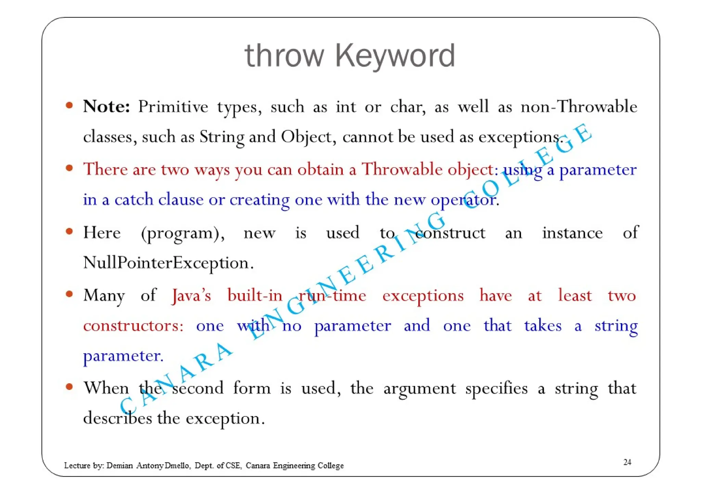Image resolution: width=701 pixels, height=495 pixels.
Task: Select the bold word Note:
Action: [106, 106]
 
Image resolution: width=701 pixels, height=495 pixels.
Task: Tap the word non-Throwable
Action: [578, 106]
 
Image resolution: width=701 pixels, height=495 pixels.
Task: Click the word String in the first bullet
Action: [222, 137]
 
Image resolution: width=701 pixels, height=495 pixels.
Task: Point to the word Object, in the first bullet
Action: [306, 137]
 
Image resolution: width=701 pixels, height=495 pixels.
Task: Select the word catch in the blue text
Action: [133, 199]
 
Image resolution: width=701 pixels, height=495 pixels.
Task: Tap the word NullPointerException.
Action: [168, 263]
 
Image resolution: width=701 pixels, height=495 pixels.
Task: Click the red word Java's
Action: [191, 295]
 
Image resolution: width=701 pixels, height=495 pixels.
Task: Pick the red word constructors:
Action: [133, 325]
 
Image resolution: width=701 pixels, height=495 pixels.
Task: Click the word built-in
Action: [255, 295]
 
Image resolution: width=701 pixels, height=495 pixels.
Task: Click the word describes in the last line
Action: [117, 418]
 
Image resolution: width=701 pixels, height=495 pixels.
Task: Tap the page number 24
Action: [627, 462]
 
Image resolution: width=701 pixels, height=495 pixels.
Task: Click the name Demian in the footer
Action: [119, 466]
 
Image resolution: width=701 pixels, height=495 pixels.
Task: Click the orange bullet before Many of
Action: [69, 294]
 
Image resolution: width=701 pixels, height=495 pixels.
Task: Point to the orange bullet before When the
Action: [69, 387]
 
